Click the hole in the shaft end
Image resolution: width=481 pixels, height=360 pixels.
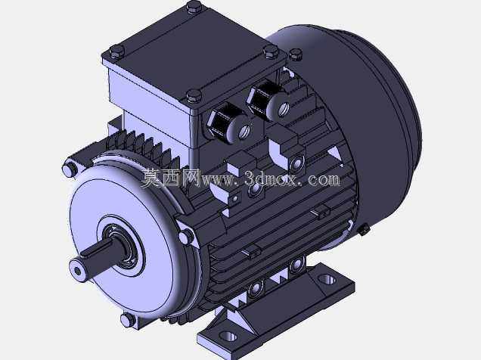point(78,271)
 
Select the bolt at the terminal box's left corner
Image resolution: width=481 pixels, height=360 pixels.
point(117,51)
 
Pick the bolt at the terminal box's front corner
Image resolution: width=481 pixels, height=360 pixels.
point(194,95)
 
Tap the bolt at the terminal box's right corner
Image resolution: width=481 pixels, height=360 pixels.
point(272,51)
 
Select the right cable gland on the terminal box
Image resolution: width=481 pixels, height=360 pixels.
point(268,99)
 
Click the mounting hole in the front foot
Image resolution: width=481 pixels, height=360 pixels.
point(229,337)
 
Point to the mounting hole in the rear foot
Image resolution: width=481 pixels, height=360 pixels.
point(327,279)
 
